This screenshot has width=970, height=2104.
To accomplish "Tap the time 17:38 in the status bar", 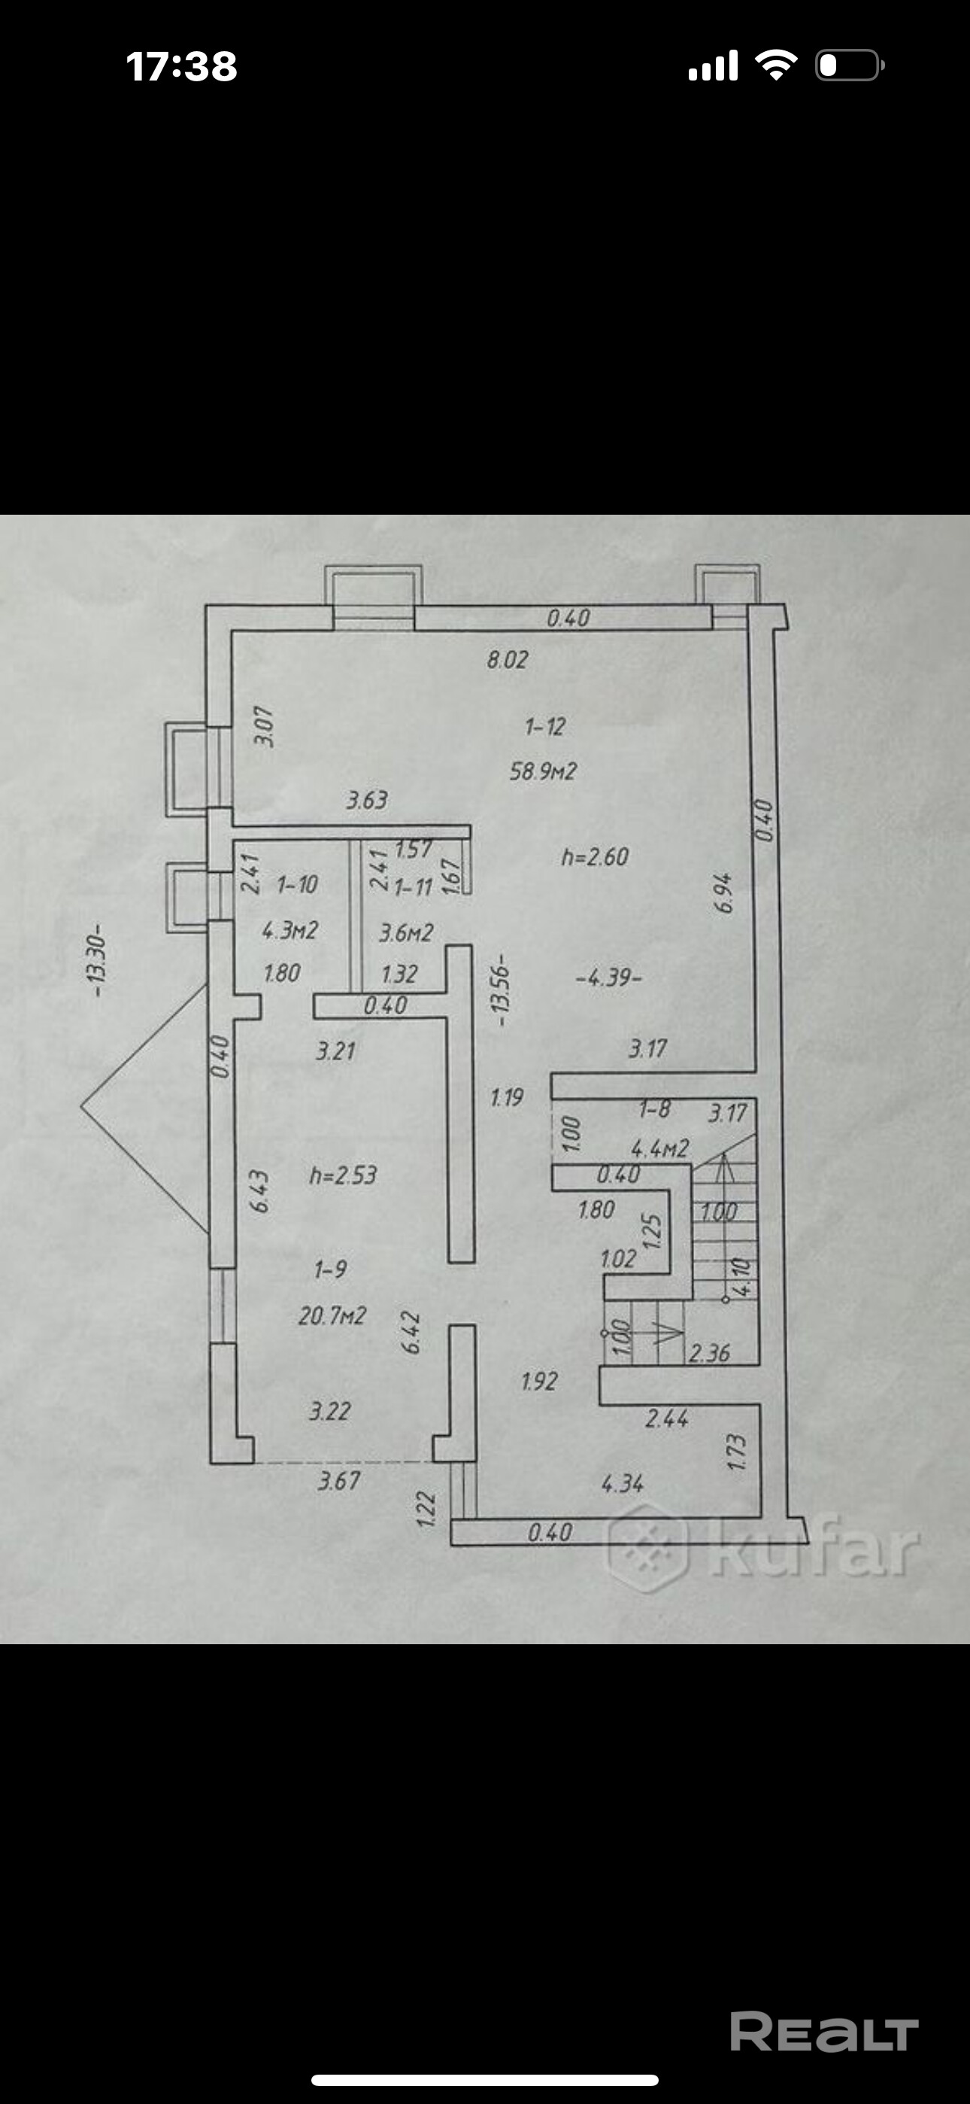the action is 181,65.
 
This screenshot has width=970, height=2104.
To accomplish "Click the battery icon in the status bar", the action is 850,65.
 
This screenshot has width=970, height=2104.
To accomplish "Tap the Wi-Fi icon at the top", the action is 777,65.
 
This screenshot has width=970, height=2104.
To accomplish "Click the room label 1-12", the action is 544,726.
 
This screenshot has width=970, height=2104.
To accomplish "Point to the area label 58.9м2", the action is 543,771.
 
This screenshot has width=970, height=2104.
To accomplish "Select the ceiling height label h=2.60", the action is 595,857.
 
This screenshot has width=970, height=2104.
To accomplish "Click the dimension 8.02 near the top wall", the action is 507,659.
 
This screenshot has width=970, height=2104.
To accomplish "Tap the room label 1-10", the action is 297,883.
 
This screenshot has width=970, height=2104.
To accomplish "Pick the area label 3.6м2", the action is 406,932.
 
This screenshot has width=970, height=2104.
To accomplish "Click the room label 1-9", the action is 331,1269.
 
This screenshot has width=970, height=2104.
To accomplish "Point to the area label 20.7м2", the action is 332,1315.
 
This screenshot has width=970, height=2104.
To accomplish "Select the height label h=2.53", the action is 343,1175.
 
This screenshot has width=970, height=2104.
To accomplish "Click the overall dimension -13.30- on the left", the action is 98,959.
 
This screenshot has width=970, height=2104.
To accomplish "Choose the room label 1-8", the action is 654,1108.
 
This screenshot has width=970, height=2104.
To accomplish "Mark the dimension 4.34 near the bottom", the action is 622,1482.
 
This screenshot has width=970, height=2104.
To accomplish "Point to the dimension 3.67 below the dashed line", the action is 339,1480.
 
